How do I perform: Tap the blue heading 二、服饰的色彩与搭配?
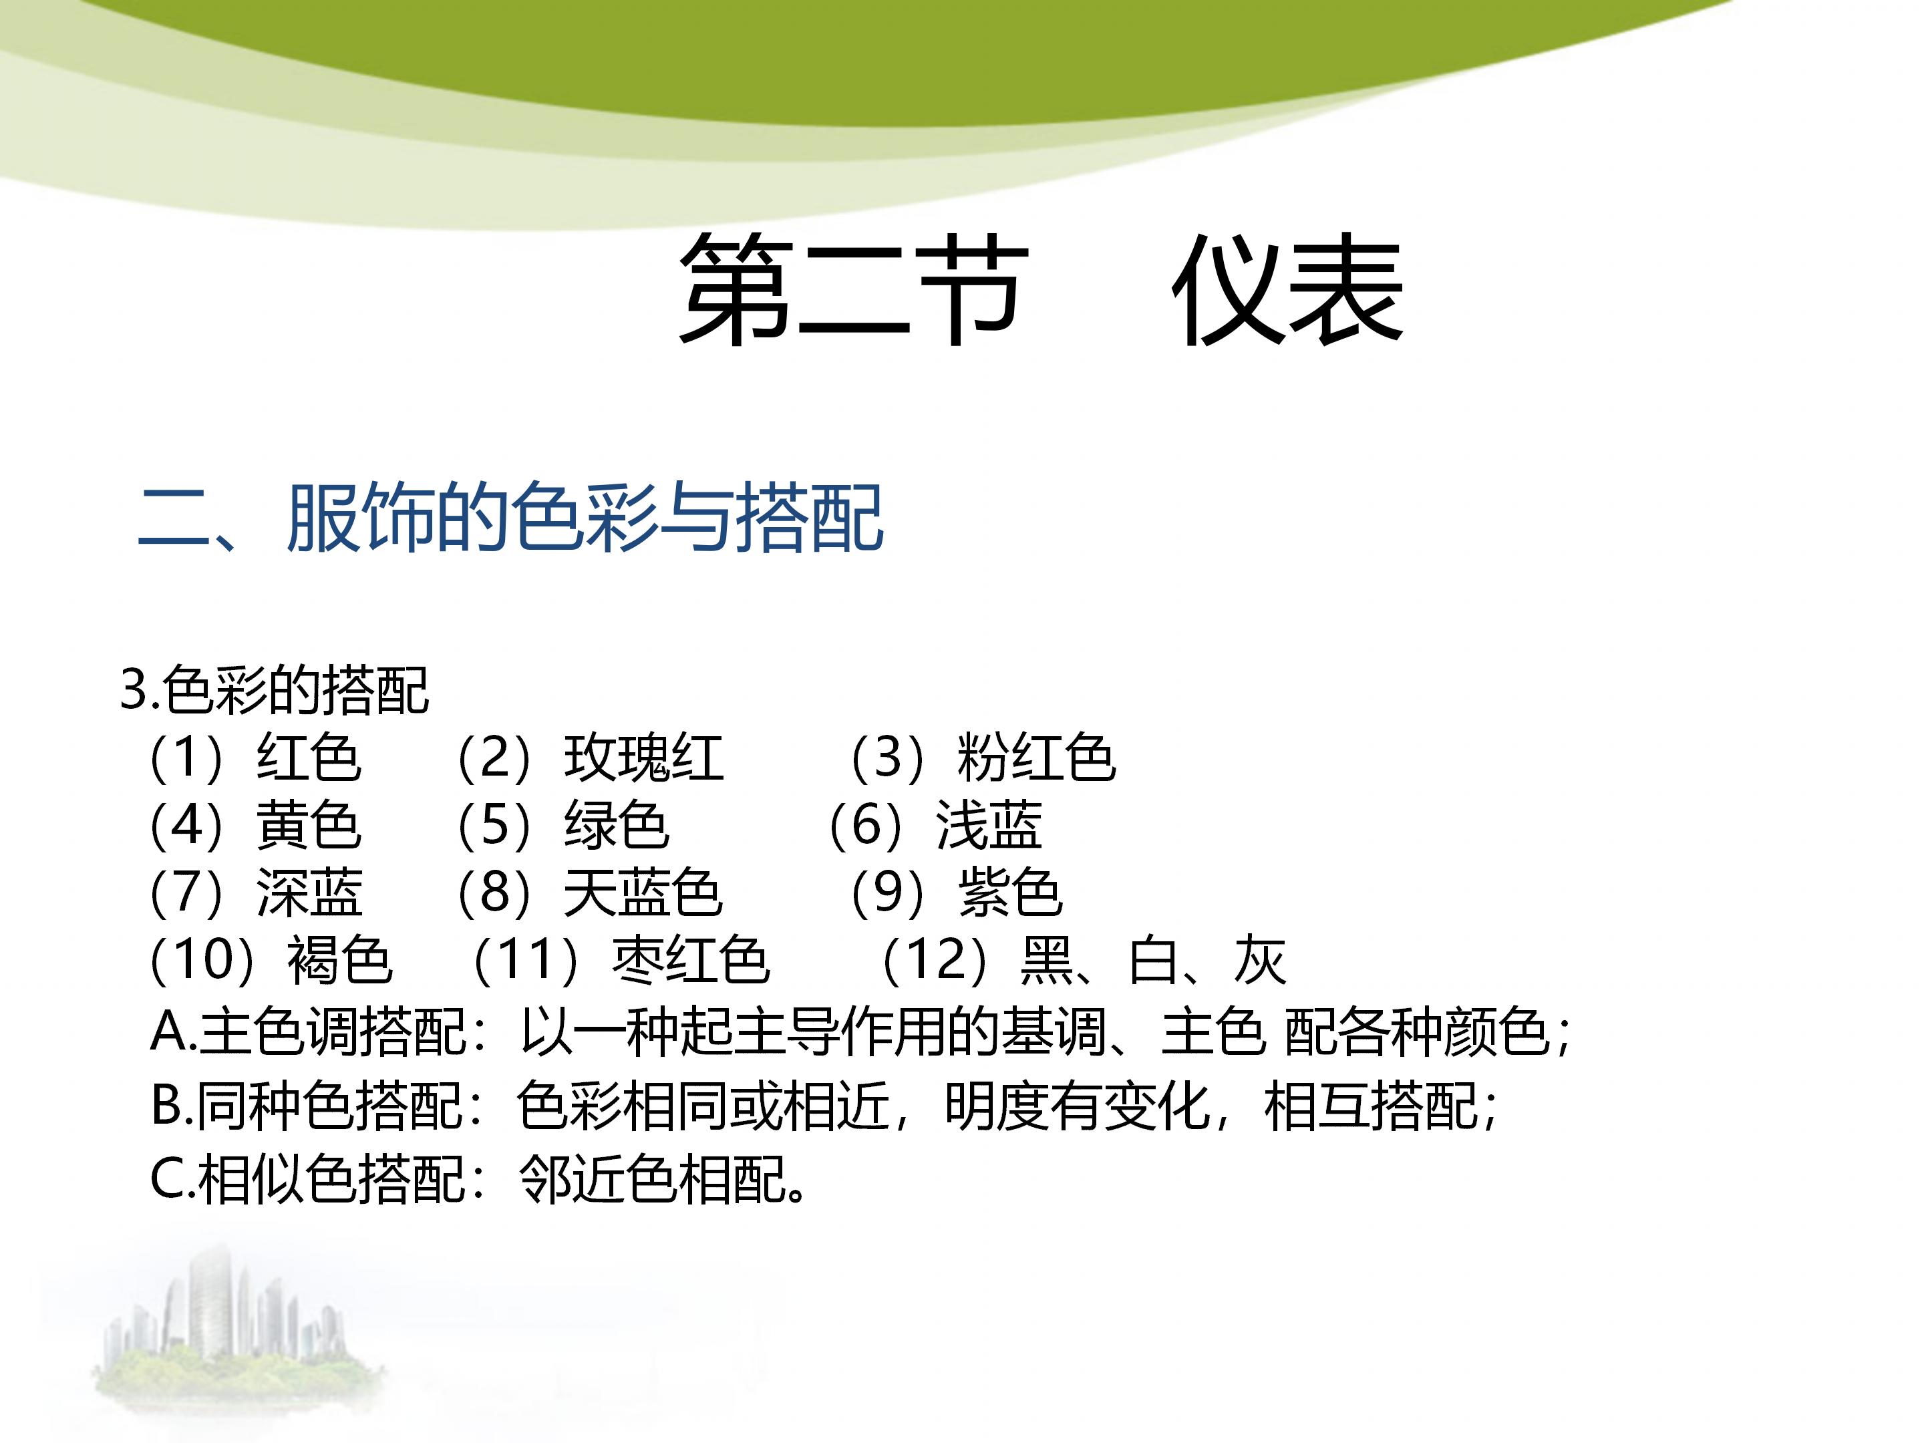click(x=512, y=519)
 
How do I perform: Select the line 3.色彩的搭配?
click(x=275, y=691)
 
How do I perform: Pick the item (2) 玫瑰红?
click(x=590, y=758)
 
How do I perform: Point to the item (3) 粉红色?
click(x=983, y=758)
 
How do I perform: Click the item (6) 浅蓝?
click(x=935, y=824)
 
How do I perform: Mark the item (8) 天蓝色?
click(x=590, y=893)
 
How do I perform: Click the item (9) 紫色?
click(x=957, y=893)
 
